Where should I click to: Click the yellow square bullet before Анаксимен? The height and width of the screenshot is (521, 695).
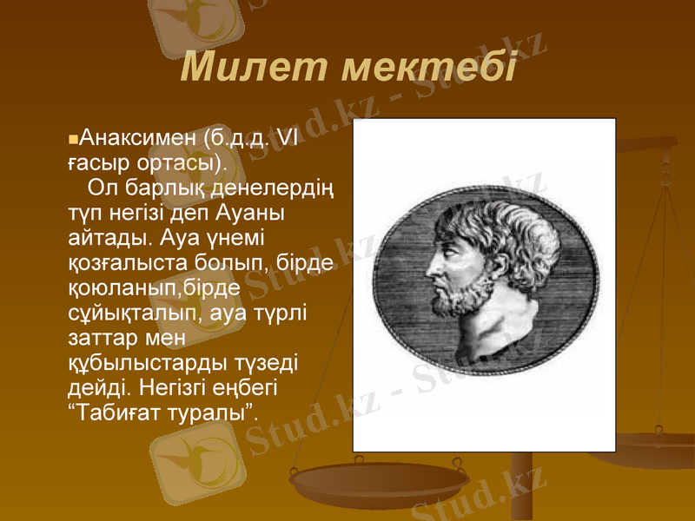coord(72,139)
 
